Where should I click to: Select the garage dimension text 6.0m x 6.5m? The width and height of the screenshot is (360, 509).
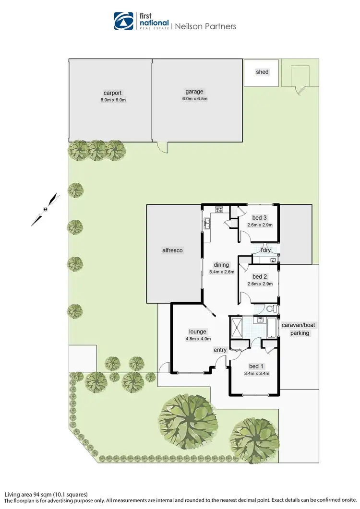coord(194,99)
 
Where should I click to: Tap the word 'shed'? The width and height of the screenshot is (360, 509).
coord(262,72)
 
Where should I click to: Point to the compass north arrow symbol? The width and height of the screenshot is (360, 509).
coord(45,209)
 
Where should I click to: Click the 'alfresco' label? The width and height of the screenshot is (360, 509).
coord(173,250)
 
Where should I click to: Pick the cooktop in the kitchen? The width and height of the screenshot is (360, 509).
coord(219,209)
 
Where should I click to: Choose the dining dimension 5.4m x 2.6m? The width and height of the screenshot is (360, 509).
coord(222,272)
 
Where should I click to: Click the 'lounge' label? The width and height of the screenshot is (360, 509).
coord(197,331)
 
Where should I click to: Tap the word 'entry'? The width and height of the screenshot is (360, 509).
coord(220,350)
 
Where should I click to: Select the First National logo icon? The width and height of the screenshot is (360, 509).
coord(123,21)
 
